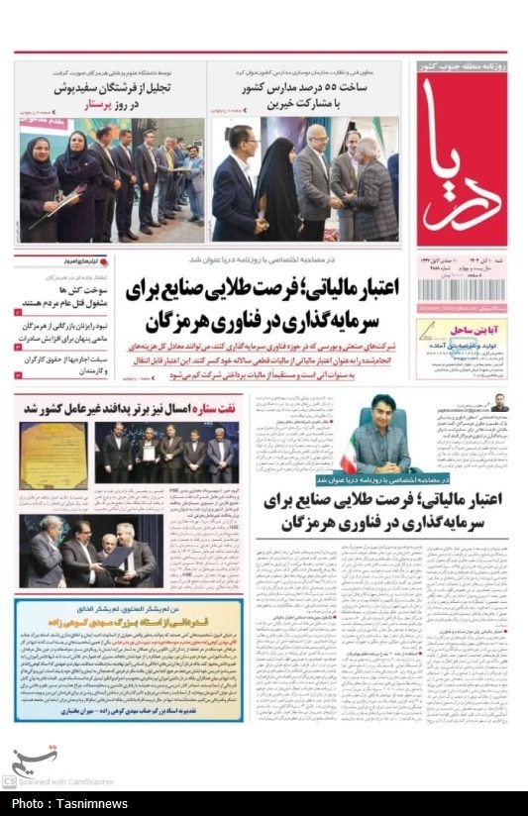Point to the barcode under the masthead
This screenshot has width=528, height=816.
(x=461, y=291)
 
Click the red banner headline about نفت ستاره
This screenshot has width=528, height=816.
(x=129, y=407)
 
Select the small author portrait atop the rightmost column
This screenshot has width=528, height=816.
(x=500, y=402)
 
